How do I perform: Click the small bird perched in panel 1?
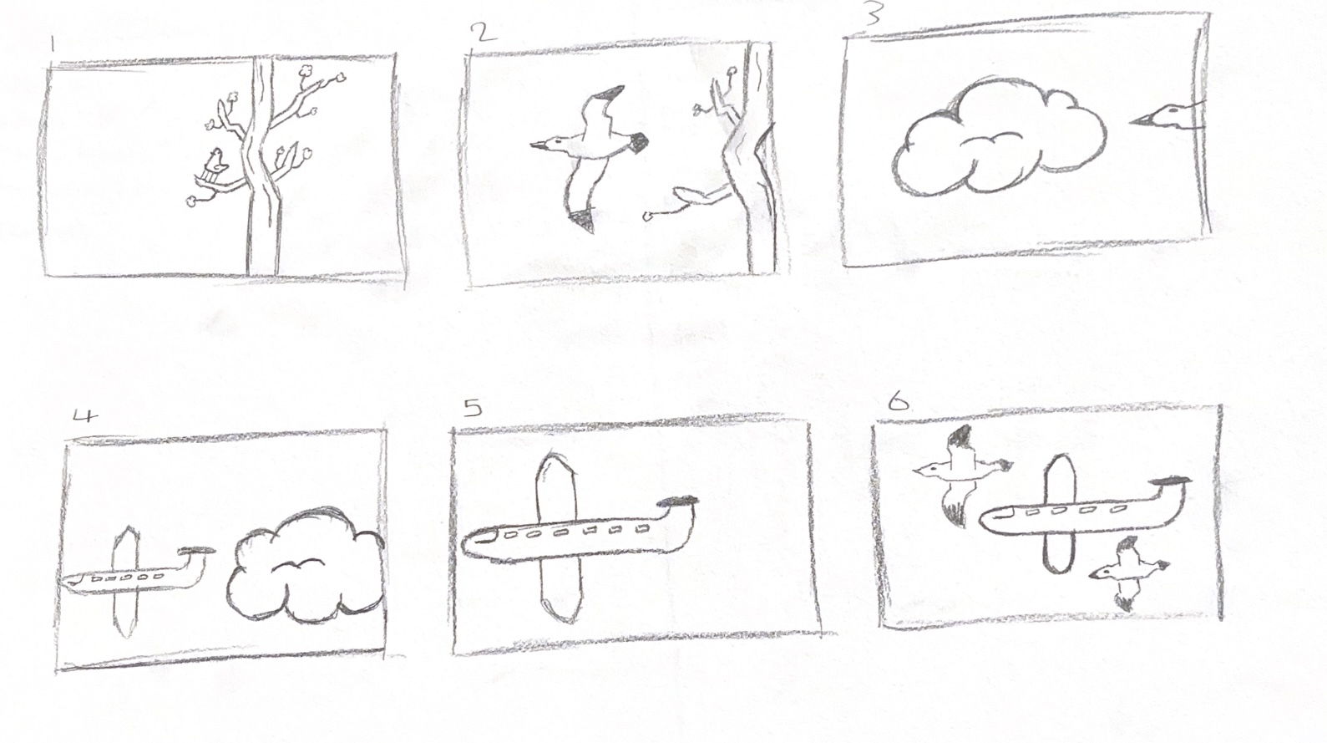click(x=215, y=166)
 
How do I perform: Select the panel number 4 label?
click(x=84, y=415)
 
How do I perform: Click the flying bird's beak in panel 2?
click(x=539, y=144)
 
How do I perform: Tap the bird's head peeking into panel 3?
click(x=1167, y=116)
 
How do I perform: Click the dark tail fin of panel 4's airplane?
click(x=196, y=551)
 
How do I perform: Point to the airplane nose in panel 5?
click(x=474, y=544)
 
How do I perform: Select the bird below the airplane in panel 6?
click(x=1128, y=573)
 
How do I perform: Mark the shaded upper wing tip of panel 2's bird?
click(x=611, y=93)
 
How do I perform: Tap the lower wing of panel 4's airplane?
click(x=125, y=613)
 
